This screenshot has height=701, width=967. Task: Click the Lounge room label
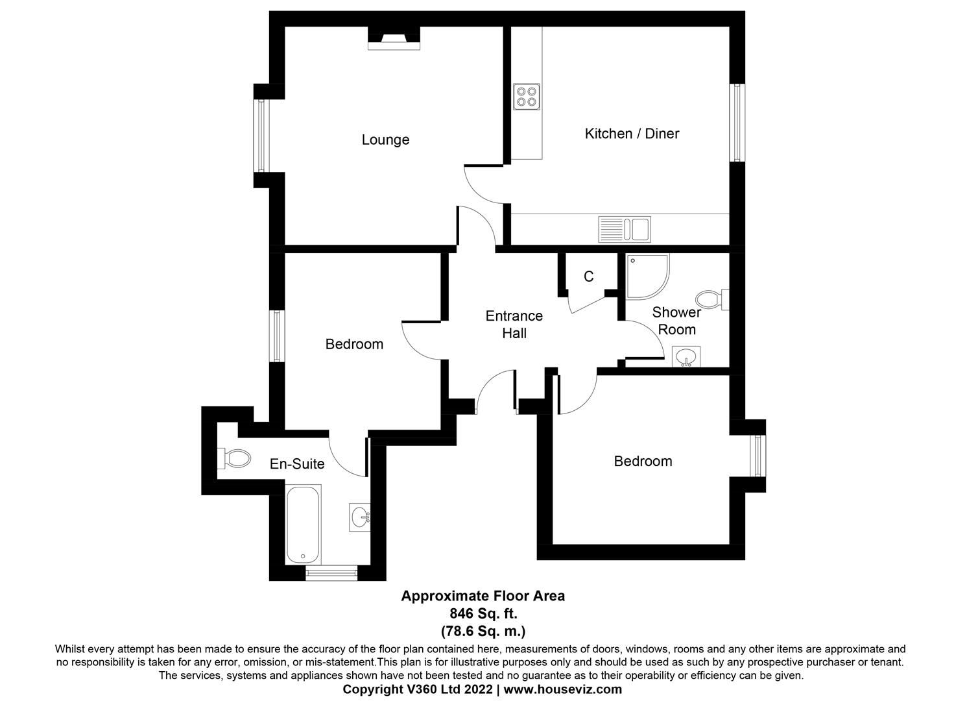click(385, 140)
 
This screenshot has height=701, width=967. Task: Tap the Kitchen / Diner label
click(632, 134)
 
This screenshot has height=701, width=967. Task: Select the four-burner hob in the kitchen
click(526, 97)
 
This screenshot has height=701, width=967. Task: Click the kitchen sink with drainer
click(624, 228)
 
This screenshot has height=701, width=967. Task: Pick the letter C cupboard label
click(588, 277)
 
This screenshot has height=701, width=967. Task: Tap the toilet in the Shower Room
click(711, 300)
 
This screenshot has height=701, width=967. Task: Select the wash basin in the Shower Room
click(686, 356)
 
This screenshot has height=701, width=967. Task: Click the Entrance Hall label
click(514, 325)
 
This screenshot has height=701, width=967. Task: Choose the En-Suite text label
click(297, 464)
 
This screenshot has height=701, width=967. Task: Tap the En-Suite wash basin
click(359, 517)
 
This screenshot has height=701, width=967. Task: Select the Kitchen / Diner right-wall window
click(737, 123)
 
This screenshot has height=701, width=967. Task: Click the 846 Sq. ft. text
click(483, 613)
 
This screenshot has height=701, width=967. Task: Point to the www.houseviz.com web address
click(562, 689)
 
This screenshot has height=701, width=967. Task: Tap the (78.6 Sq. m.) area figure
click(483, 630)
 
